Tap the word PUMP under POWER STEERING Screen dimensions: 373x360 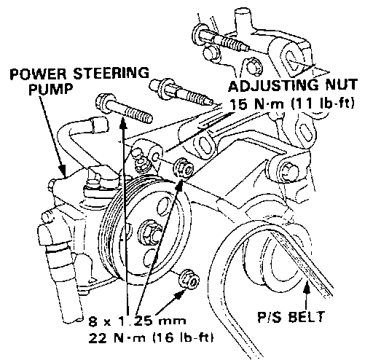(51, 89)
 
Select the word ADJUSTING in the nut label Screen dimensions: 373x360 (273, 85)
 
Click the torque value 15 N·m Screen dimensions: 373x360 (256, 104)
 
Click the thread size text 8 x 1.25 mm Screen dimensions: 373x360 (137, 321)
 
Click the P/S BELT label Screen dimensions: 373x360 (291, 316)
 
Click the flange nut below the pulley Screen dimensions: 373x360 (189, 280)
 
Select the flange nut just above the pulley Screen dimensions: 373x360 (184, 168)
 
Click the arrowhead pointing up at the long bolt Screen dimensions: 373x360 (123, 122)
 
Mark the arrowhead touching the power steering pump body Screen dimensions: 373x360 (63, 170)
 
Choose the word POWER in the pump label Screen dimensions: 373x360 (39, 74)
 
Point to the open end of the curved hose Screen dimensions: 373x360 (99, 123)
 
